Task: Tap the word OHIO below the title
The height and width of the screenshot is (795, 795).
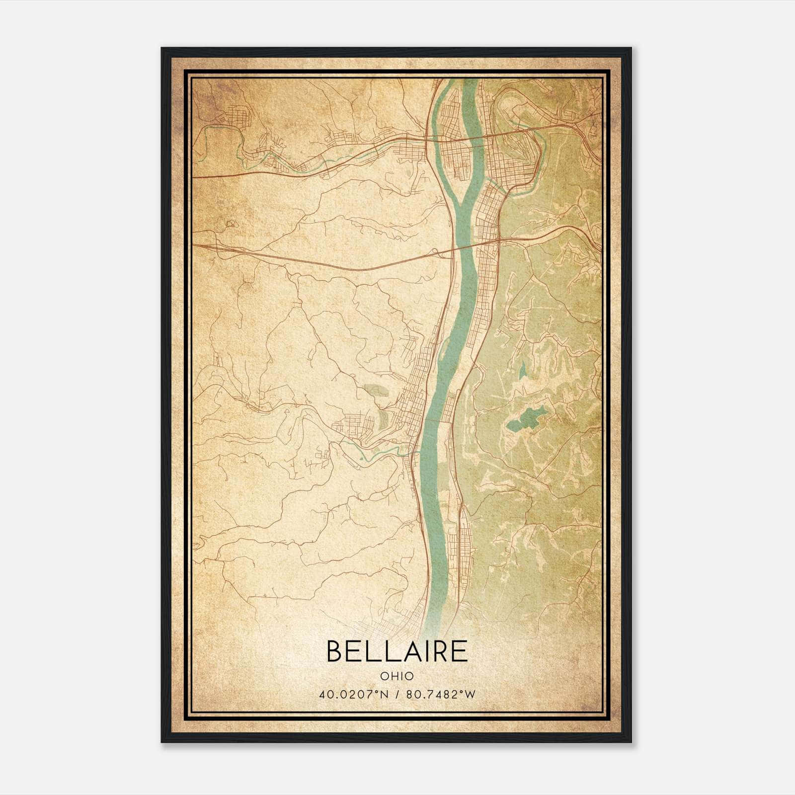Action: (x=397, y=676)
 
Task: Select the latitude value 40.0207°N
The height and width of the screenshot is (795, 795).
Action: (x=353, y=694)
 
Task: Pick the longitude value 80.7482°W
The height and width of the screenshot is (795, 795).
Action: (x=441, y=694)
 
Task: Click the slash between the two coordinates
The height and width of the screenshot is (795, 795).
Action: (x=397, y=694)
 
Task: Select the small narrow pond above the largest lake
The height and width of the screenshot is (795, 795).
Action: (x=523, y=370)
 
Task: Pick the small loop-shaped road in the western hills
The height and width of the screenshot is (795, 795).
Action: (x=230, y=224)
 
